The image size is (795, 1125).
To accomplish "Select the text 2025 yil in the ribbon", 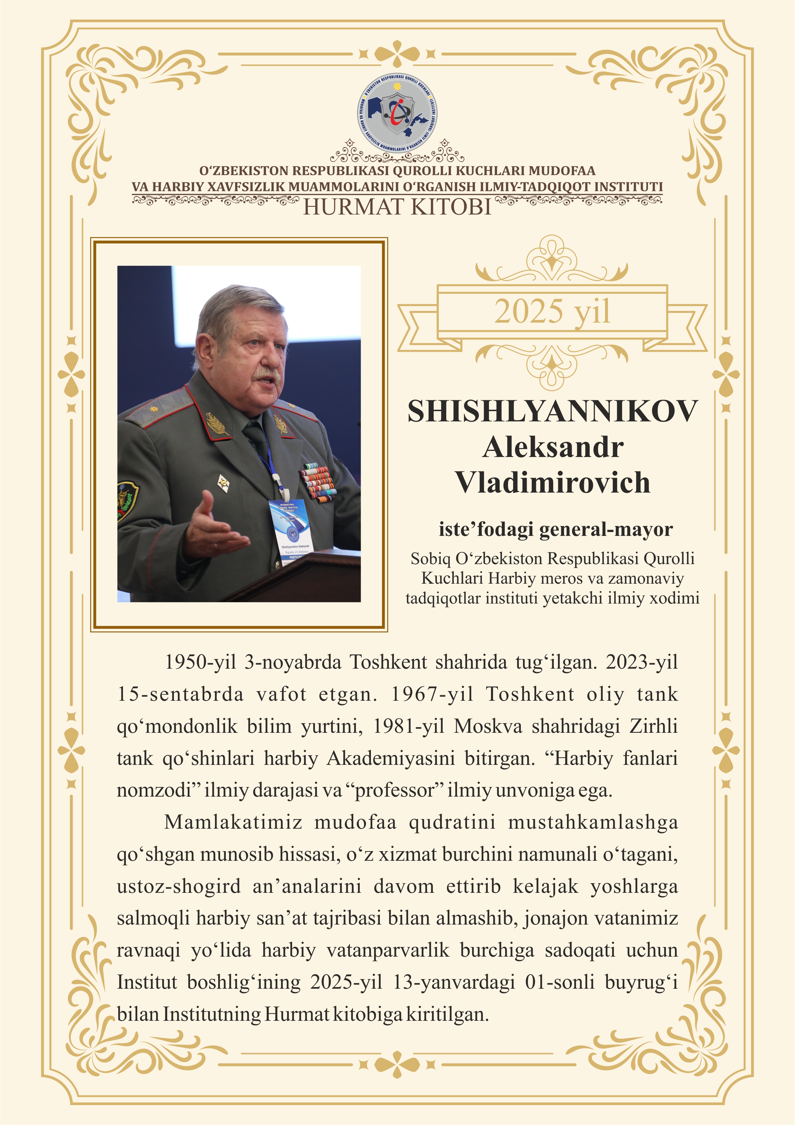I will [x=552, y=312].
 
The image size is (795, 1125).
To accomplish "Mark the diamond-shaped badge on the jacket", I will [x=223, y=483].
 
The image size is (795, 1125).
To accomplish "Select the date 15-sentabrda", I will [x=180, y=695].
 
